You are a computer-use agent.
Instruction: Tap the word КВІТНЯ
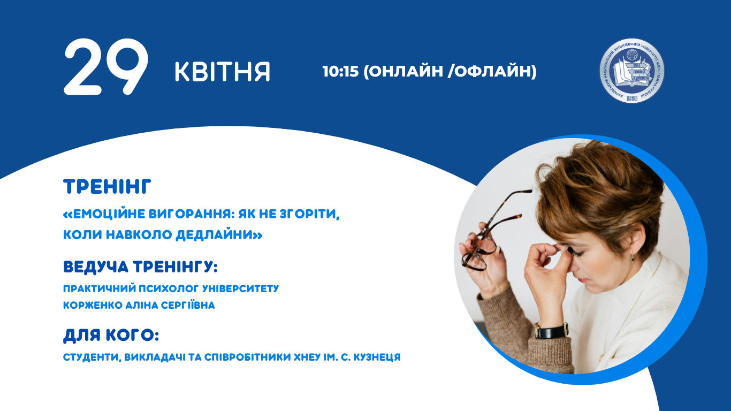[222, 72]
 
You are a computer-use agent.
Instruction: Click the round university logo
[631, 71]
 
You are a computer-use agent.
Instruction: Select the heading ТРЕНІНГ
[108, 187]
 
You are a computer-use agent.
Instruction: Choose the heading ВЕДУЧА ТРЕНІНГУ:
[141, 266]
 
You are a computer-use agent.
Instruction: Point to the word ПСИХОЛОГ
[166, 288]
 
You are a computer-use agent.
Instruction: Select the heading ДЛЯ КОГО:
[111, 336]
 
